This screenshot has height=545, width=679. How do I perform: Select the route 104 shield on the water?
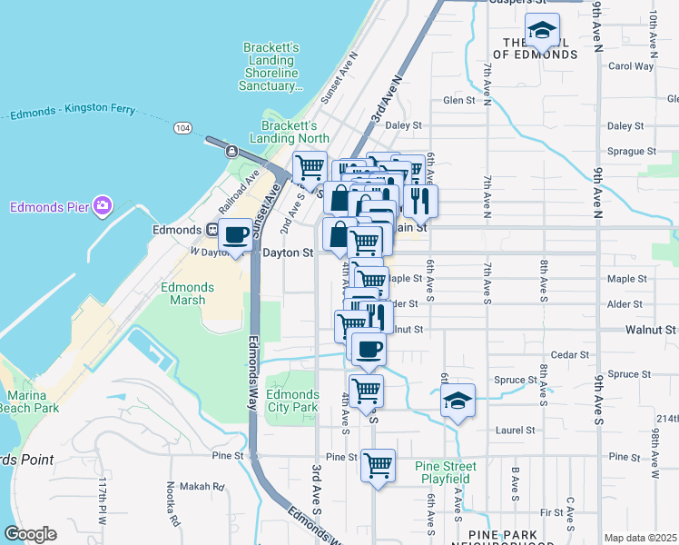[183, 129]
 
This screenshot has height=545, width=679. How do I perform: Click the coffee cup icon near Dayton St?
[235, 235]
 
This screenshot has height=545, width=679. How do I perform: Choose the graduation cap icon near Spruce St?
[458, 401]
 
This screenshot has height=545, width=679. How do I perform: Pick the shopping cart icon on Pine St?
[378, 466]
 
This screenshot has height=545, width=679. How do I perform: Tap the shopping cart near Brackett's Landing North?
[310, 168]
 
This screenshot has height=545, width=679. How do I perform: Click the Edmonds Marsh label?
[187, 293]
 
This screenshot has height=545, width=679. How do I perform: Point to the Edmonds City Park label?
[294, 401]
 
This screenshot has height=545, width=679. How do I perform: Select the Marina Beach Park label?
[33, 402]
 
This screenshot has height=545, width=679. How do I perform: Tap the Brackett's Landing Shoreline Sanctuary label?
[270, 67]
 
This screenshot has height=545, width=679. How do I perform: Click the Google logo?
[30, 533]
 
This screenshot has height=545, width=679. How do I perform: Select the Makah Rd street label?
[205, 487]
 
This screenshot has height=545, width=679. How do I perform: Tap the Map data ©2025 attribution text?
[640, 538]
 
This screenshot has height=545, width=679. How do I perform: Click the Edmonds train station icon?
[211, 230]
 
